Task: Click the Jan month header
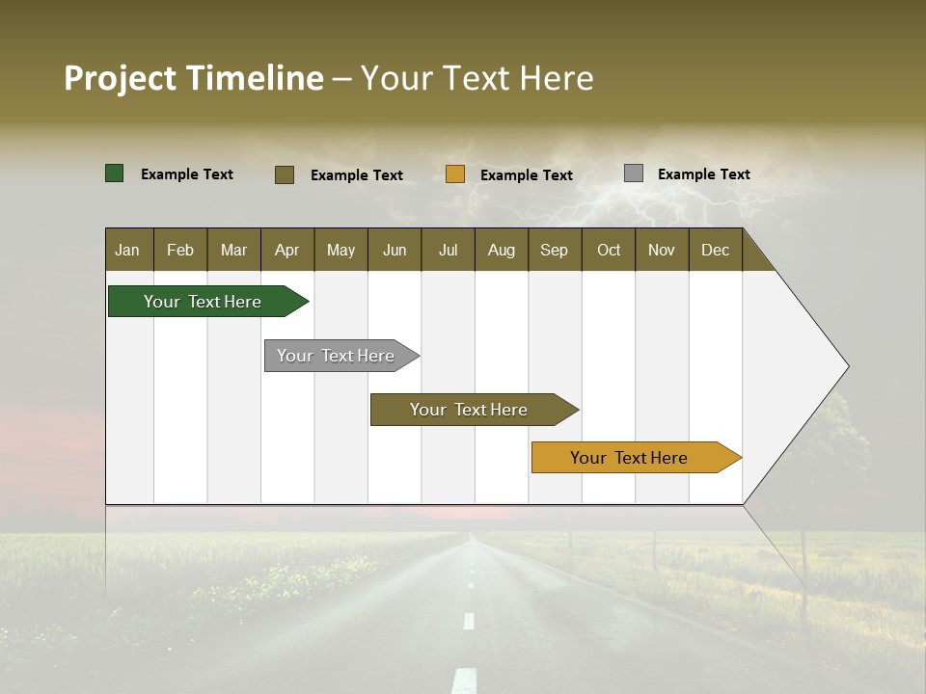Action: point(128,250)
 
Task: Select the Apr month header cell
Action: point(287,250)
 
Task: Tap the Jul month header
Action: point(448,250)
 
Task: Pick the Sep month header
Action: point(555,250)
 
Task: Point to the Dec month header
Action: point(715,250)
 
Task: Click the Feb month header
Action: point(180,250)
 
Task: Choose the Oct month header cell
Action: point(609,250)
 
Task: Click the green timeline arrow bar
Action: point(203,302)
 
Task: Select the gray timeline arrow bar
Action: point(336,356)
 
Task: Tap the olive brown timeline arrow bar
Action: point(469,410)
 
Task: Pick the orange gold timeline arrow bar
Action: point(629,458)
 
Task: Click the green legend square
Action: point(115,173)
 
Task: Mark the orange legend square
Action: point(455,174)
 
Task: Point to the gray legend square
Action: point(634,173)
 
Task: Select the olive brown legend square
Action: point(285,174)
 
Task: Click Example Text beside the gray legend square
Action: point(703,173)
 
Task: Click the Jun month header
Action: point(395,250)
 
